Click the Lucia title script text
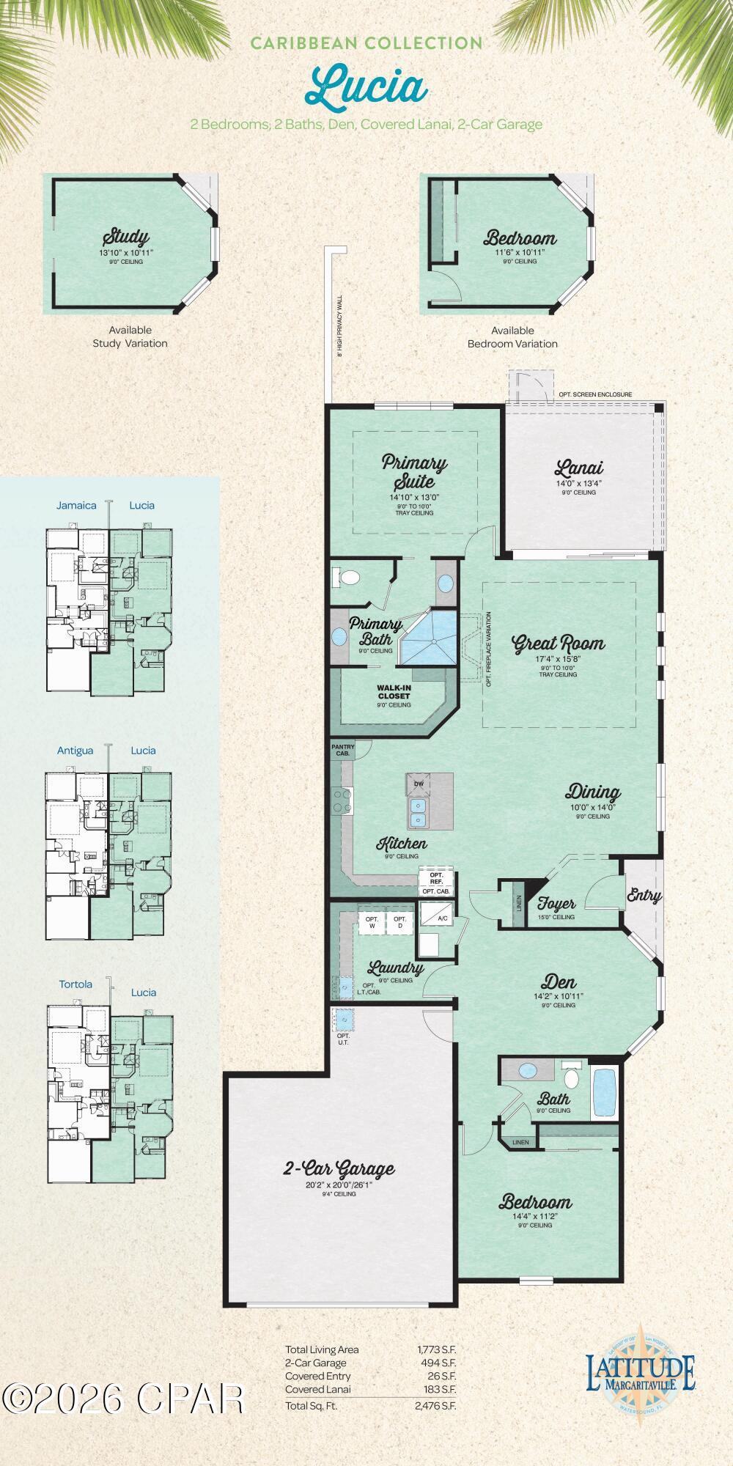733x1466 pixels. click(366, 86)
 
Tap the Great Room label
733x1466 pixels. click(559, 644)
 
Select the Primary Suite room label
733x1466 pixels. click(414, 473)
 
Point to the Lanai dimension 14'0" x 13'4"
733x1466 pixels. click(578, 484)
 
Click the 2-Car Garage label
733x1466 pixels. click(339, 1168)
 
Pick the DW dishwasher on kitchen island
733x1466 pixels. click(419, 784)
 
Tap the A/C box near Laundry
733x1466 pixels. click(442, 918)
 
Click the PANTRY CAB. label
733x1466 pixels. click(342, 750)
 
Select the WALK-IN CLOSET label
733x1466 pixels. click(394, 691)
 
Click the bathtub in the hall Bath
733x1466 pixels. click(604, 1093)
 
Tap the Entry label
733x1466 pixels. click(644, 895)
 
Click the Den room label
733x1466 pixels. click(559, 981)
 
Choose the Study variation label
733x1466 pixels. click(125, 237)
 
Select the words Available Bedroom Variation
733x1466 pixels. click(512, 337)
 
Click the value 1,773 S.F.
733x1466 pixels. click(435, 1349)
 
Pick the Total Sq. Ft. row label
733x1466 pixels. click(312, 1405)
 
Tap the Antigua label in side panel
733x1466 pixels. click(75, 750)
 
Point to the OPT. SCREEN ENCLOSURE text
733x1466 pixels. click(594, 394)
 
